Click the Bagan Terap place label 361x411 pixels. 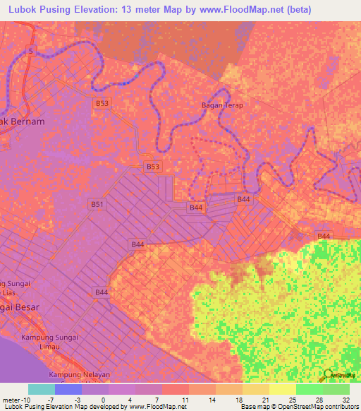pos(222,105)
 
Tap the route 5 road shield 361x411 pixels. pos(30,50)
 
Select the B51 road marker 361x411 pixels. pos(97,204)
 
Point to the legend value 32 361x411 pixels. pos(345,400)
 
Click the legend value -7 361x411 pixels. pos(51,400)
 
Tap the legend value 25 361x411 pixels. pos(291,400)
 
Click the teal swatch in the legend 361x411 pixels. pos(42,389)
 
